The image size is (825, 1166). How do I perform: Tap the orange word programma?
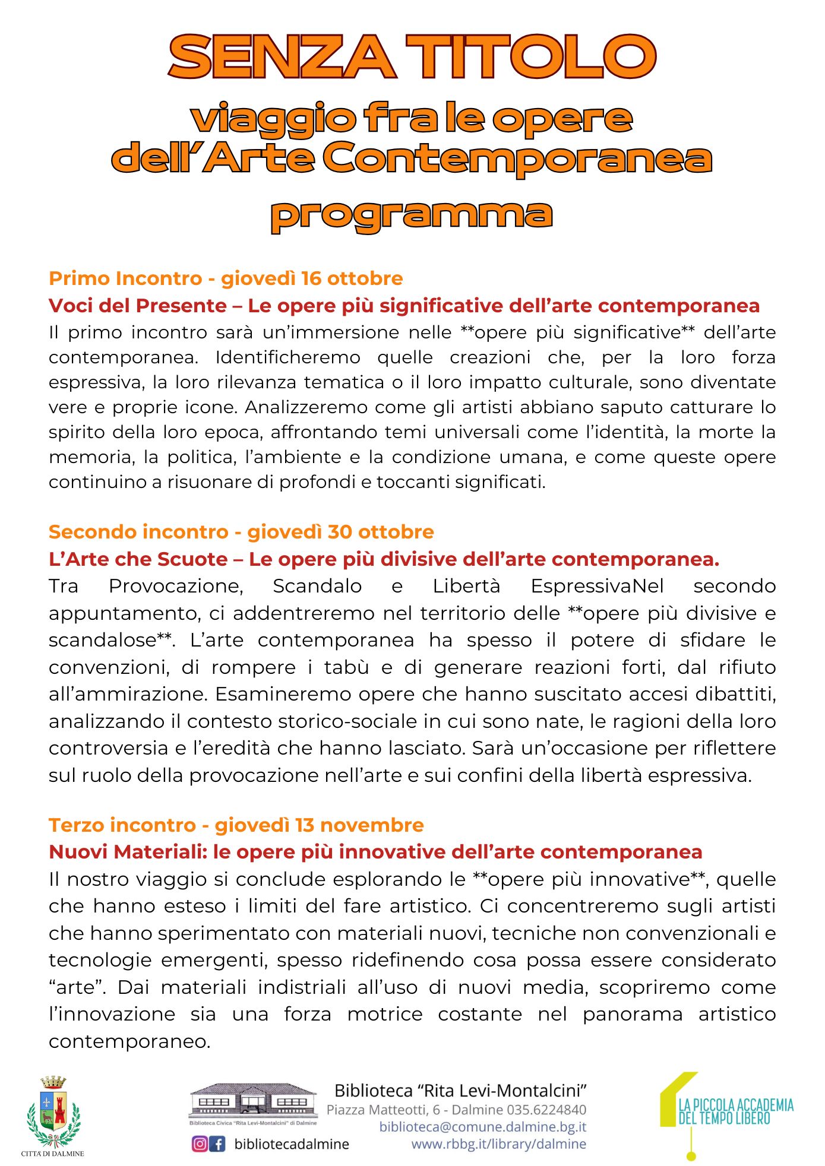[412, 214]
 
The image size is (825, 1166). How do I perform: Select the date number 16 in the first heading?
[311, 278]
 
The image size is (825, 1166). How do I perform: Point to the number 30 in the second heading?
[340, 532]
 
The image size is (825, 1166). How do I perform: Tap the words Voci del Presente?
[137, 306]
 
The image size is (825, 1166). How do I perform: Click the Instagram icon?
[200, 1144]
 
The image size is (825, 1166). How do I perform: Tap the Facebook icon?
[218, 1144]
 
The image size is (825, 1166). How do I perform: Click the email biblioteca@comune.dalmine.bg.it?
[483, 1127]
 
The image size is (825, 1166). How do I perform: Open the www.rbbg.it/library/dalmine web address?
[498, 1144]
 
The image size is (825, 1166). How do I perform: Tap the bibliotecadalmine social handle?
[292, 1144]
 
